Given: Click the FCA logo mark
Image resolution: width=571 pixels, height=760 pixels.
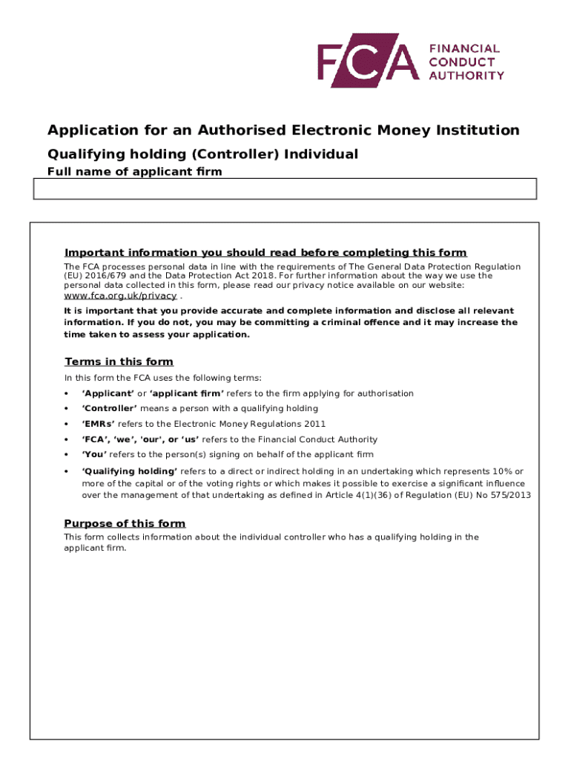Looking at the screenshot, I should (x=368, y=60).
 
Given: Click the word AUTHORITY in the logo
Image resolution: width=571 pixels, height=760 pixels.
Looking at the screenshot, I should (x=466, y=75).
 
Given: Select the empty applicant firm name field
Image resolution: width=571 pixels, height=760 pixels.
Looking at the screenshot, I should (x=285, y=189).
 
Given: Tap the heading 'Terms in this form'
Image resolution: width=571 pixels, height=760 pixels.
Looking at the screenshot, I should (x=119, y=361).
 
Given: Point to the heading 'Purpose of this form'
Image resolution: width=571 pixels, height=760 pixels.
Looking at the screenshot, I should (x=125, y=523).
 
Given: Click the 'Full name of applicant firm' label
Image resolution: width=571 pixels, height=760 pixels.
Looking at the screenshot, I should (x=134, y=172).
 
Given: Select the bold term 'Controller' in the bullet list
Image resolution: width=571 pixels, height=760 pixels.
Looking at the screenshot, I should (x=109, y=408).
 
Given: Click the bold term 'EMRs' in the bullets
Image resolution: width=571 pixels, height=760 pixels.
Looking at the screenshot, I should (x=99, y=424).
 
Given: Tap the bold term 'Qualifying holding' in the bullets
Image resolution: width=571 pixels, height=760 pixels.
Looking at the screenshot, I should (x=130, y=471).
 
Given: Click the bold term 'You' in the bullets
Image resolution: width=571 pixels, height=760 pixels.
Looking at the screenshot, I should (x=94, y=454).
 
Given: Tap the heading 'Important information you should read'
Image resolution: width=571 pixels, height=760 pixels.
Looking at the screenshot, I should (x=265, y=252).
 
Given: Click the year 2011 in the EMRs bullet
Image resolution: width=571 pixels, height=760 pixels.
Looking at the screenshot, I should (x=314, y=424).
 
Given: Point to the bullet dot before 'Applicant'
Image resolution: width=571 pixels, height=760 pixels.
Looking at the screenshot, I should (x=67, y=393).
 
